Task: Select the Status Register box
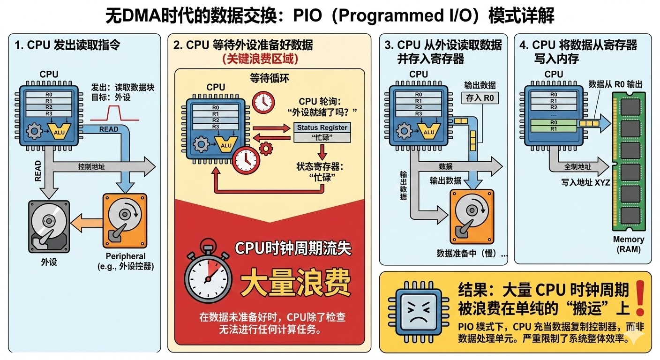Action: [x=322, y=127]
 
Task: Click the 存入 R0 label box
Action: [x=480, y=97]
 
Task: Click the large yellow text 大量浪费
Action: [x=295, y=281]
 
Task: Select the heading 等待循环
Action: [x=270, y=78]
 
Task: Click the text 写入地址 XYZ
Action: [x=585, y=182]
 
